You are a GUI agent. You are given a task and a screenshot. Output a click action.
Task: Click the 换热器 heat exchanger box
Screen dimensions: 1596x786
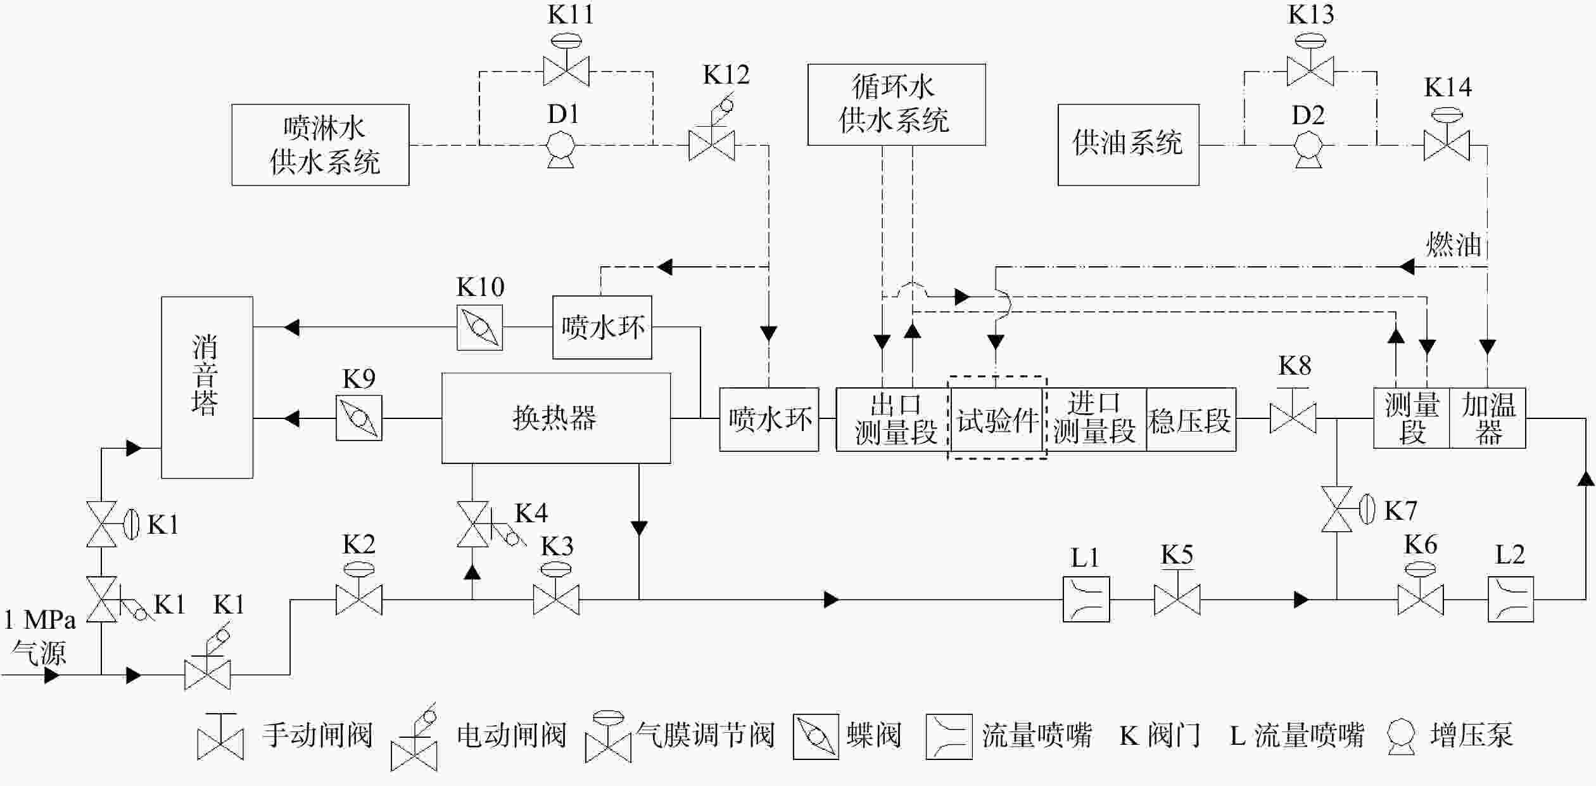[x=555, y=418]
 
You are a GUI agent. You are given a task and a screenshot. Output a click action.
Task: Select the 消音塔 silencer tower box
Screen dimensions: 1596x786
[x=207, y=387]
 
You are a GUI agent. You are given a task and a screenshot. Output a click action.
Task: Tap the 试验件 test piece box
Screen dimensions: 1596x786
[x=996, y=420]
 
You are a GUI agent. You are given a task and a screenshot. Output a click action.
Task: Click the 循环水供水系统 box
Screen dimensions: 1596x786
[x=896, y=105]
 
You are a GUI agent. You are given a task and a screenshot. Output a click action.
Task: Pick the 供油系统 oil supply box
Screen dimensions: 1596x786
[x=1128, y=145]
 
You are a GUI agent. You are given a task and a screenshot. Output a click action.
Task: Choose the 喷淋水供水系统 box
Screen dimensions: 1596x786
[x=320, y=145]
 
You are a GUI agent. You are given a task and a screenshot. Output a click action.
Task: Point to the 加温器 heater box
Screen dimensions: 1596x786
[x=1487, y=418]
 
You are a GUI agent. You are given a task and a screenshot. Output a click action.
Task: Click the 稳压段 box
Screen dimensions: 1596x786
[x=1191, y=420]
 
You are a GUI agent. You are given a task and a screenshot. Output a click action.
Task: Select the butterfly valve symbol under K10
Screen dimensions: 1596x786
[x=479, y=327]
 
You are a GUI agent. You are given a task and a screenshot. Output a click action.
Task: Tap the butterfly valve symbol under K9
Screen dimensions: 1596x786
[x=359, y=418]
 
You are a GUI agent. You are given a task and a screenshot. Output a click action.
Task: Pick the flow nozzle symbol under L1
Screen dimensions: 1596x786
[x=1086, y=599]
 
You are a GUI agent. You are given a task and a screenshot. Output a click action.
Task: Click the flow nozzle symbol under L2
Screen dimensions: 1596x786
[x=1510, y=599]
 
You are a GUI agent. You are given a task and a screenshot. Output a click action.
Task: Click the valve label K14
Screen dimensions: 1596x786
[x=1448, y=87]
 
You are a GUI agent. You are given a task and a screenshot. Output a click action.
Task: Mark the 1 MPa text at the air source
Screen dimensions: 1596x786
[x=39, y=619]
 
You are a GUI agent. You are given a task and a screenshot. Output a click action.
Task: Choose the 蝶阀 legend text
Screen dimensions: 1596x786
[x=873, y=736]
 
